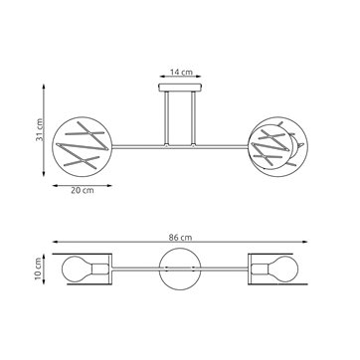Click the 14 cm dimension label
(179, 74)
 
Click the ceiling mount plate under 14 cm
(179, 92)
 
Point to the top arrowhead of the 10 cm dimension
(50, 255)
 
